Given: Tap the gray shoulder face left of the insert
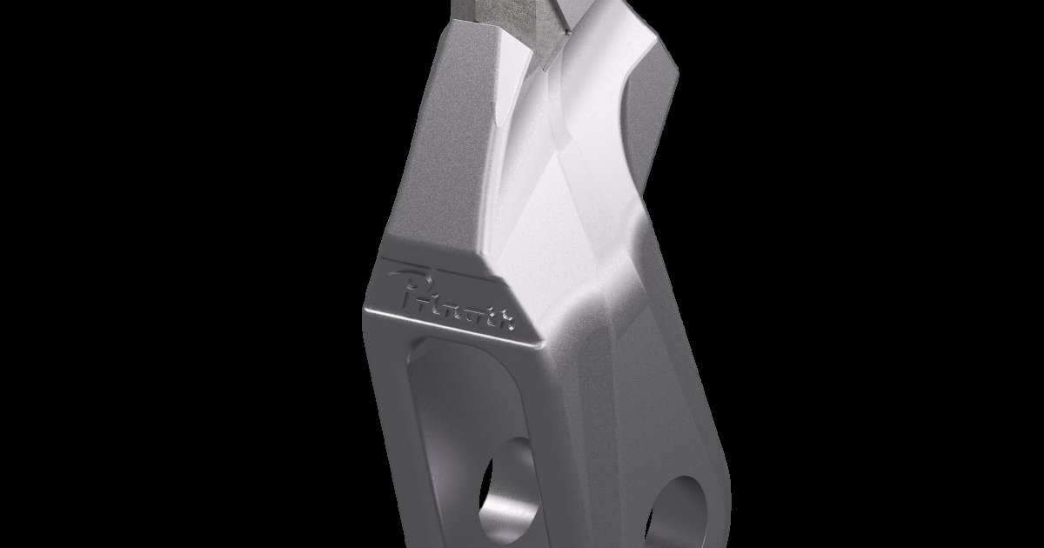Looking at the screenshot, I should point(465,78).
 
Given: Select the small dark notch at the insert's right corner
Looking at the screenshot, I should point(565,31).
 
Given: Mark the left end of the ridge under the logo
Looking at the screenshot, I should point(370,313).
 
